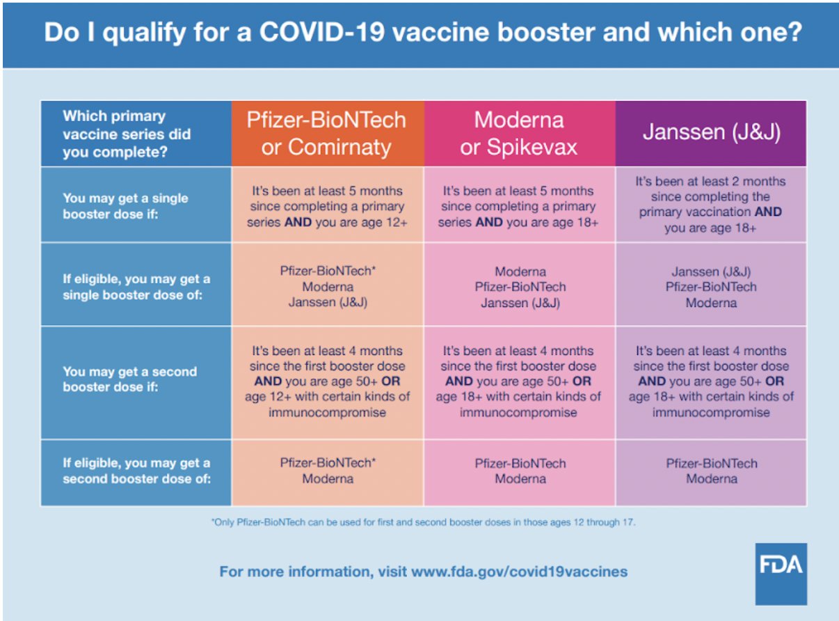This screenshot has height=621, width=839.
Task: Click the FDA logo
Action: click(x=781, y=574)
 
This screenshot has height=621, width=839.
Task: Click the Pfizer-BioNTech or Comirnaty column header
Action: click(x=326, y=133)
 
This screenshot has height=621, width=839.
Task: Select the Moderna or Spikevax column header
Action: click(x=519, y=133)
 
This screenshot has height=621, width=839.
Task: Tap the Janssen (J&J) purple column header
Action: click(x=710, y=132)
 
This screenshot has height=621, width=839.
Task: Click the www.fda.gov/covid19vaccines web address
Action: click(x=519, y=572)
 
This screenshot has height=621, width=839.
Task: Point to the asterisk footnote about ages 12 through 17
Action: click(x=423, y=521)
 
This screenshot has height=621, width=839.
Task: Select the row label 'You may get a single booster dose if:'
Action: click(x=125, y=205)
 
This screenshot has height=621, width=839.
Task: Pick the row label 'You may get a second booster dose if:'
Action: click(x=129, y=379)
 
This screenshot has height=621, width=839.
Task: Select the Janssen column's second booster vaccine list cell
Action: click(x=711, y=471)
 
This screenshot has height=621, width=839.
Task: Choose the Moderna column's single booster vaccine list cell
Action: click(x=520, y=287)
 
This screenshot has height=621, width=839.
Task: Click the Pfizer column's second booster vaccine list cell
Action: click(x=327, y=471)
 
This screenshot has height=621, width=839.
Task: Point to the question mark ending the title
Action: click(x=792, y=33)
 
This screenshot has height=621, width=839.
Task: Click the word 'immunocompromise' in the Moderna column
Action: click(x=518, y=412)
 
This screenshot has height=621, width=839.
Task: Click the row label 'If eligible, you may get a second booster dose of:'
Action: click(x=136, y=471)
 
